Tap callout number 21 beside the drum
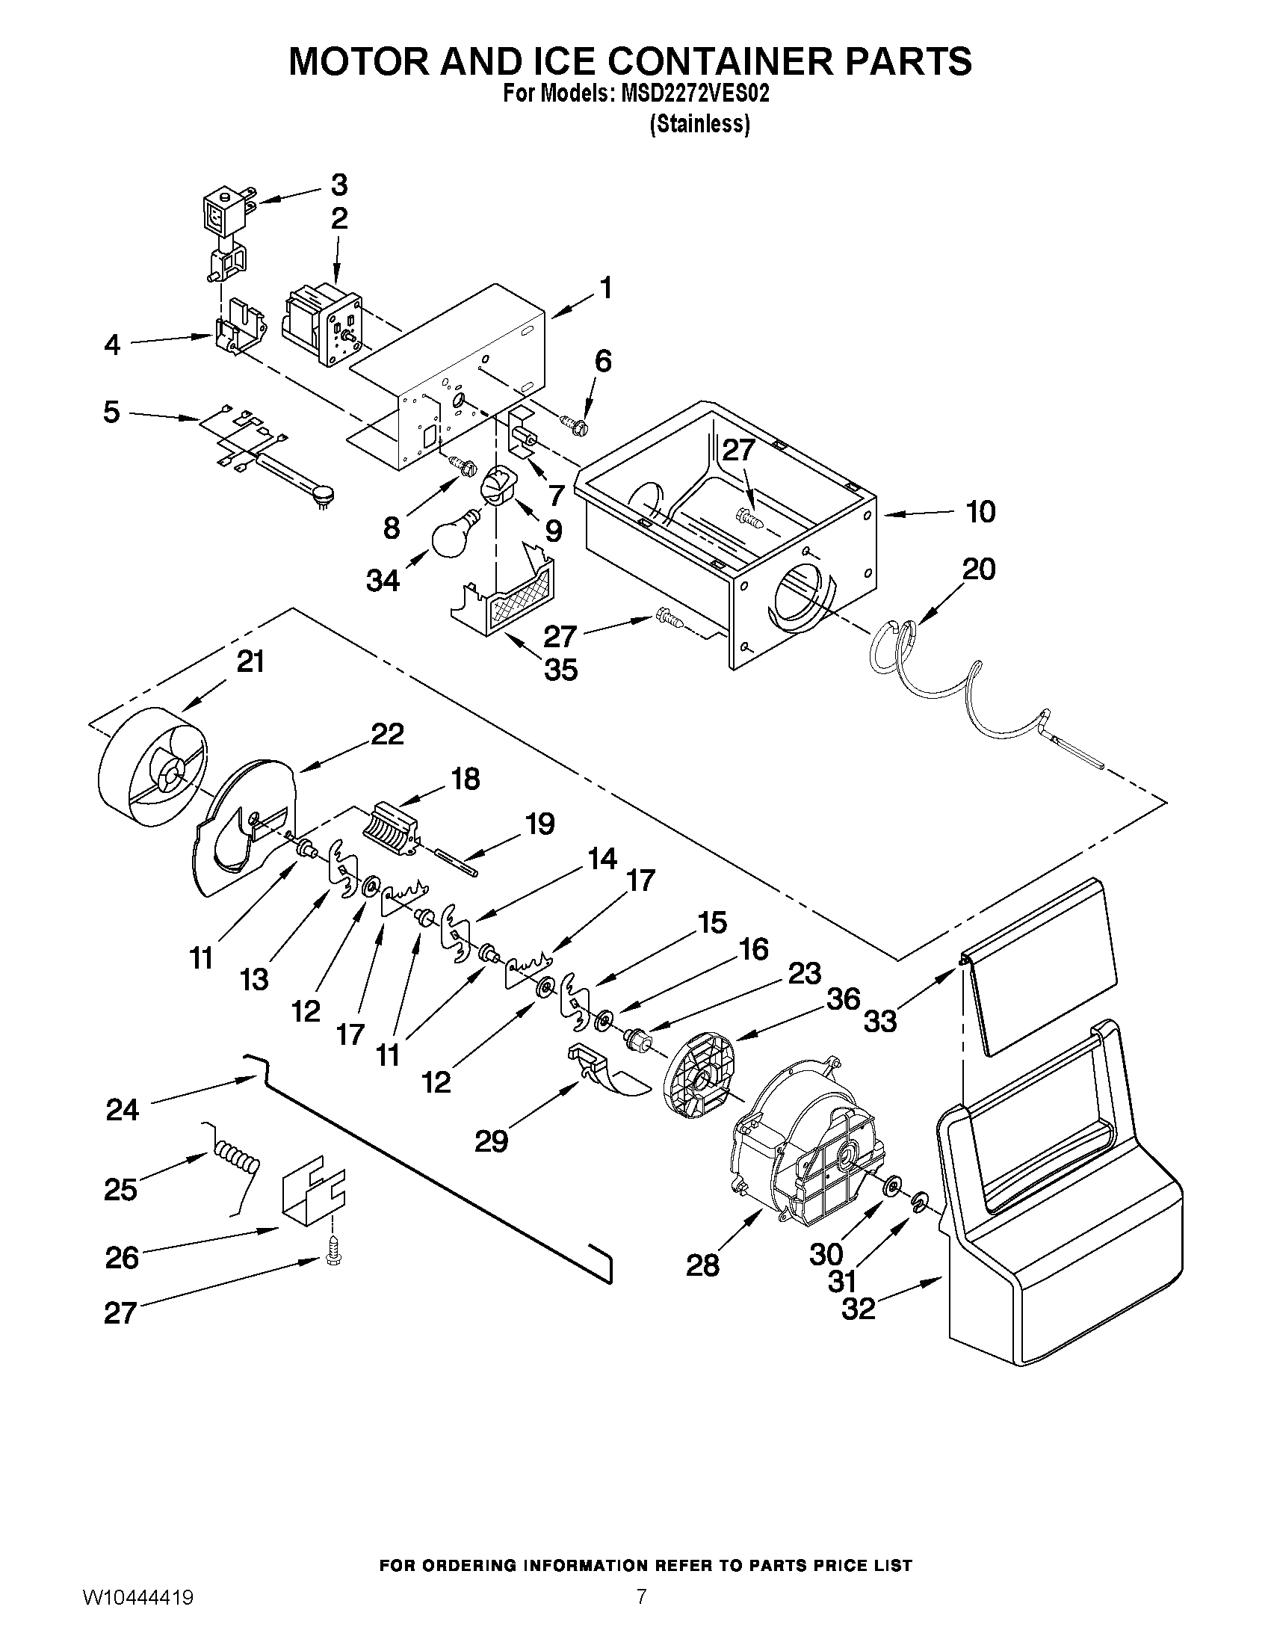click(x=251, y=661)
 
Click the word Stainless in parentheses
click(x=699, y=124)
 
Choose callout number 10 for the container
click(x=980, y=511)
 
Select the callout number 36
click(x=844, y=999)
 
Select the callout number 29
click(x=491, y=1141)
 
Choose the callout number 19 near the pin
click(x=540, y=824)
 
